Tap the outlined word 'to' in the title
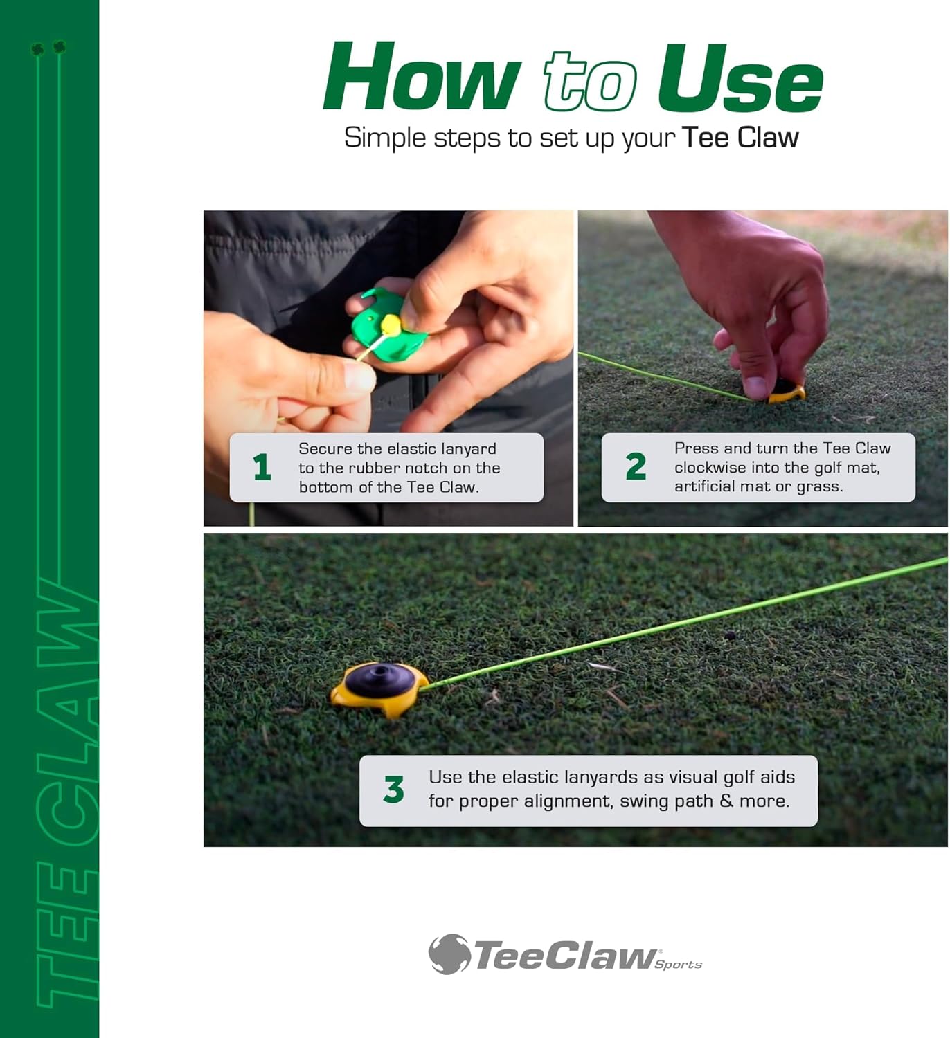pyautogui.click(x=590, y=82)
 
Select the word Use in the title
pyautogui.click(x=740, y=79)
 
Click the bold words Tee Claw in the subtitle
pyautogui.click(x=740, y=138)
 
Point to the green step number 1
pyautogui.click(x=262, y=468)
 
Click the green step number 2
pyautogui.click(x=636, y=467)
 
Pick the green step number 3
pyautogui.click(x=393, y=790)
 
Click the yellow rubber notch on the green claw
pyautogui.click(x=390, y=323)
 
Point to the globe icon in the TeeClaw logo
pyautogui.click(x=449, y=954)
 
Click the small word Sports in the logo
pyautogui.click(x=679, y=965)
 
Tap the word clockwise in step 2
pyautogui.click(x=708, y=468)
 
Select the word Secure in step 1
pyautogui.click(x=325, y=449)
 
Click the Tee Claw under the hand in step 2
pyautogui.click(x=787, y=392)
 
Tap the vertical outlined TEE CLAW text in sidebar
pyautogui.click(x=66, y=789)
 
